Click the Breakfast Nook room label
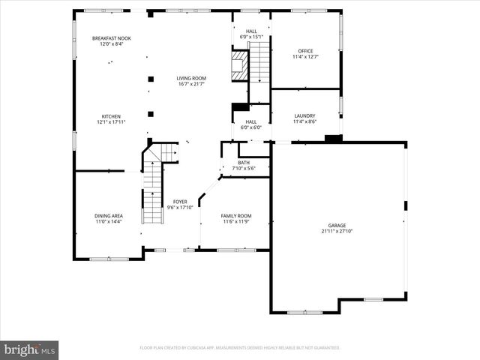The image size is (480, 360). click(x=111, y=38)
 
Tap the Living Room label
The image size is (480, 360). click(x=191, y=78)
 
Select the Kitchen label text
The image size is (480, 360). click(x=111, y=116)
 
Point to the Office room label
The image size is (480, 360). click(x=304, y=52)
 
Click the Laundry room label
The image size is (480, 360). click(x=304, y=116)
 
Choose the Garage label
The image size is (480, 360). click(x=337, y=226)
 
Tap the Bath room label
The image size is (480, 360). click(x=244, y=163)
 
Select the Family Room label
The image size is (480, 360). click(x=236, y=216)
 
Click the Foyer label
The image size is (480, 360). click(x=180, y=202)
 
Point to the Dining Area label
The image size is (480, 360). click(x=109, y=216)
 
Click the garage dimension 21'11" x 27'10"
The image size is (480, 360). click(x=337, y=232)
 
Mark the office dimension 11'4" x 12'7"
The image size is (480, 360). click(x=304, y=57)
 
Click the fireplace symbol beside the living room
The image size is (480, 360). click(x=238, y=64)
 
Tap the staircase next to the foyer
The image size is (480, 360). click(x=153, y=193)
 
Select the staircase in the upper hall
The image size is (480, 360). click(x=259, y=61)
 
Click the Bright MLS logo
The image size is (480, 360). click(x=29, y=350)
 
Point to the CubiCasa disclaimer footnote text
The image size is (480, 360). click(x=240, y=348)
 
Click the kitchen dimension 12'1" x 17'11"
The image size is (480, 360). click(x=111, y=122)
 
